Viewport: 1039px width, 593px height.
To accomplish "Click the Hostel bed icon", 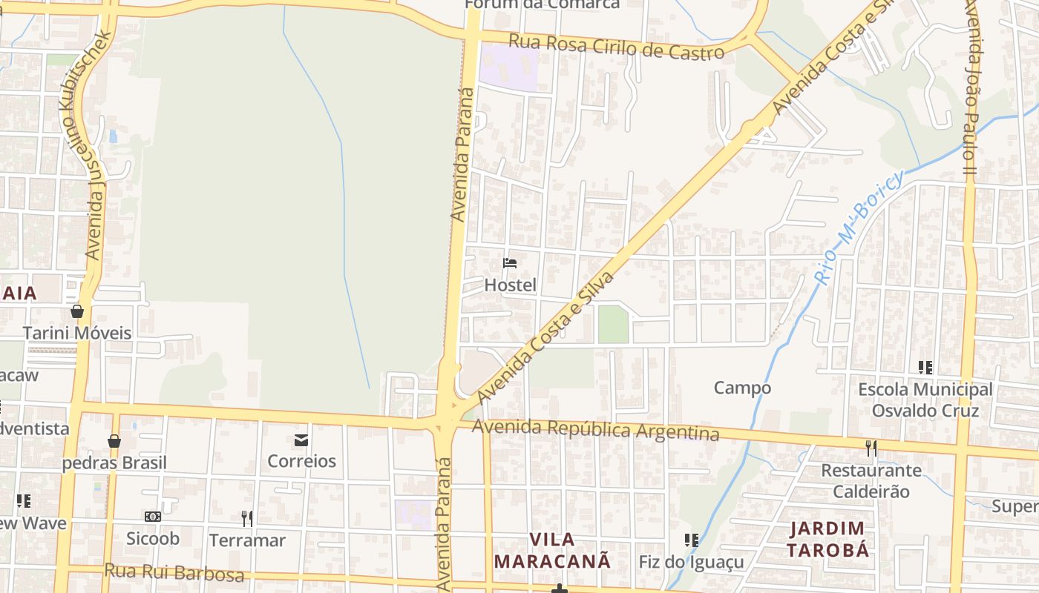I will (509, 262).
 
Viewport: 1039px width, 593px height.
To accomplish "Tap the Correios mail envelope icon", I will (301, 440).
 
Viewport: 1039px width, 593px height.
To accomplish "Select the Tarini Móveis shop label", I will (77, 333).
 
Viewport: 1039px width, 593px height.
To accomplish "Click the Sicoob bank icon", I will (153, 517).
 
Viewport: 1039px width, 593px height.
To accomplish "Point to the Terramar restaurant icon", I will (247, 519).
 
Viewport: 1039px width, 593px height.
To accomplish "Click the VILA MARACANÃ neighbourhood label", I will (553, 550).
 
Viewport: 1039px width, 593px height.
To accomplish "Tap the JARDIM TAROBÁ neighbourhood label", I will (827, 540).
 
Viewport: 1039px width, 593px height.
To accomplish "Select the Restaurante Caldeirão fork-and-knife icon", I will (871, 448).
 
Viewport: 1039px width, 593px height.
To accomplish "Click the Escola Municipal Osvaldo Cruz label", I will (925, 400).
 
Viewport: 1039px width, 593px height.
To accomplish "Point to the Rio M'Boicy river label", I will (859, 228).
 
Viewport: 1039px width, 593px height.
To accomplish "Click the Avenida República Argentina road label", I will (595, 429).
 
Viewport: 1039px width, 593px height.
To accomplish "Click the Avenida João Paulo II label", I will (971, 89).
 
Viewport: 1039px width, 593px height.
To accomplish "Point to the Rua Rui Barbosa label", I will (174, 573).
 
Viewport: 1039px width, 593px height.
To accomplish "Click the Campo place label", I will (742, 388).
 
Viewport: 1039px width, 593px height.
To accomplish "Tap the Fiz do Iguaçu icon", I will (691, 540).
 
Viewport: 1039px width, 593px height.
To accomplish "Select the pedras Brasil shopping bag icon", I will (114, 442).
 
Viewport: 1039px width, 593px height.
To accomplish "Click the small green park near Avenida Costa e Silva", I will (613, 325).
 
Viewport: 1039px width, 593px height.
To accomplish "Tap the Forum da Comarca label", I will (542, 4).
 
